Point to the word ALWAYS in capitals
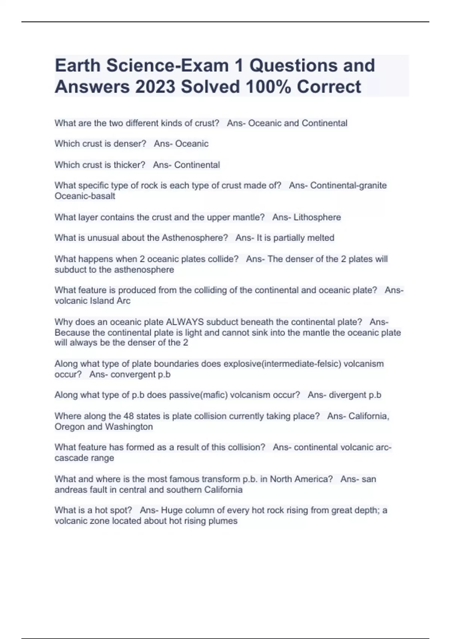click(x=185, y=322)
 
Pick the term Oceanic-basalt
click(x=85, y=196)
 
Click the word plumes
click(x=225, y=521)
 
